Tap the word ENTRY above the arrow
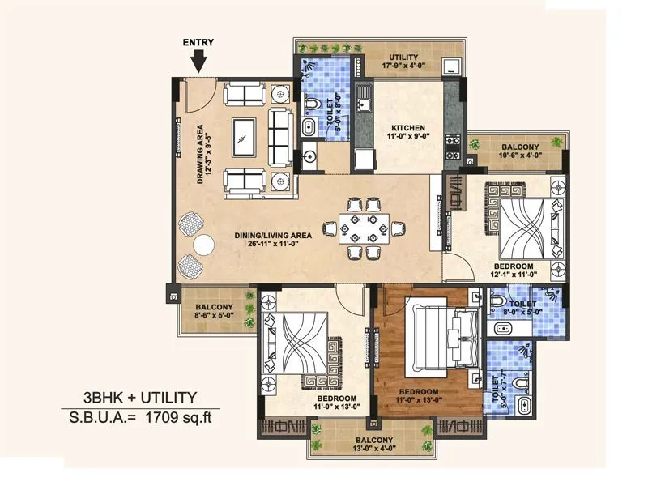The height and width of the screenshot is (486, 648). click(x=199, y=43)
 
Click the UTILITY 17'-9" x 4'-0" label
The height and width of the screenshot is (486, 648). click(x=403, y=62)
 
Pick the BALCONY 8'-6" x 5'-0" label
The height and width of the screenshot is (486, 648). click(x=214, y=312)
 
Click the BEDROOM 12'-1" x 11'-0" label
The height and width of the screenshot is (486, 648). click(x=513, y=271)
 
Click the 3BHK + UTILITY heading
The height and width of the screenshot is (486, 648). click(x=140, y=397)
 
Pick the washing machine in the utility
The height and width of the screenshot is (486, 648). click(x=450, y=66)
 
